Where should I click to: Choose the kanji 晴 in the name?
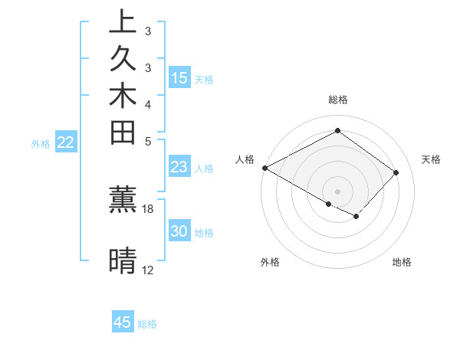click(x=123, y=260)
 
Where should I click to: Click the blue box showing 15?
click(x=179, y=77)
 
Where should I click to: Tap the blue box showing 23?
click(x=179, y=167)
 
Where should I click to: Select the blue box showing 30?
click(x=179, y=231)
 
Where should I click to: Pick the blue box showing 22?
click(x=66, y=142)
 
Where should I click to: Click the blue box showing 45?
click(x=123, y=322)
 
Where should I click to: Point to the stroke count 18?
click(x=148, y=208)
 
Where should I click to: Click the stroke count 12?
click(x=148, y=270)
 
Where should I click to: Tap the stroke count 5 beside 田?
click(x=148, y=141)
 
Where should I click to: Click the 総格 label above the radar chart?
click(x=337, y=100)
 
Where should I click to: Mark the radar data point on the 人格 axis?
click(x=264, y=168)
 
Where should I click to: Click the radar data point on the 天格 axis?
click(x=396, y=172)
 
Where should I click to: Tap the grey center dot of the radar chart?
click(x=337, y=191)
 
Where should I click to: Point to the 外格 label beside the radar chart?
click(x=270, y=262)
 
